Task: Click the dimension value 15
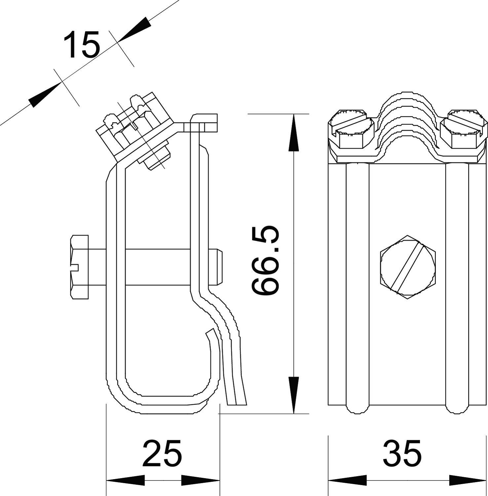(82, 45)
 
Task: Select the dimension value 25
(162, 453)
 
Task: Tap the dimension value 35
(402, 453)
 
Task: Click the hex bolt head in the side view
(79, 267)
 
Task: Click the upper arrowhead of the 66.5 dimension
(293, 132)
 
